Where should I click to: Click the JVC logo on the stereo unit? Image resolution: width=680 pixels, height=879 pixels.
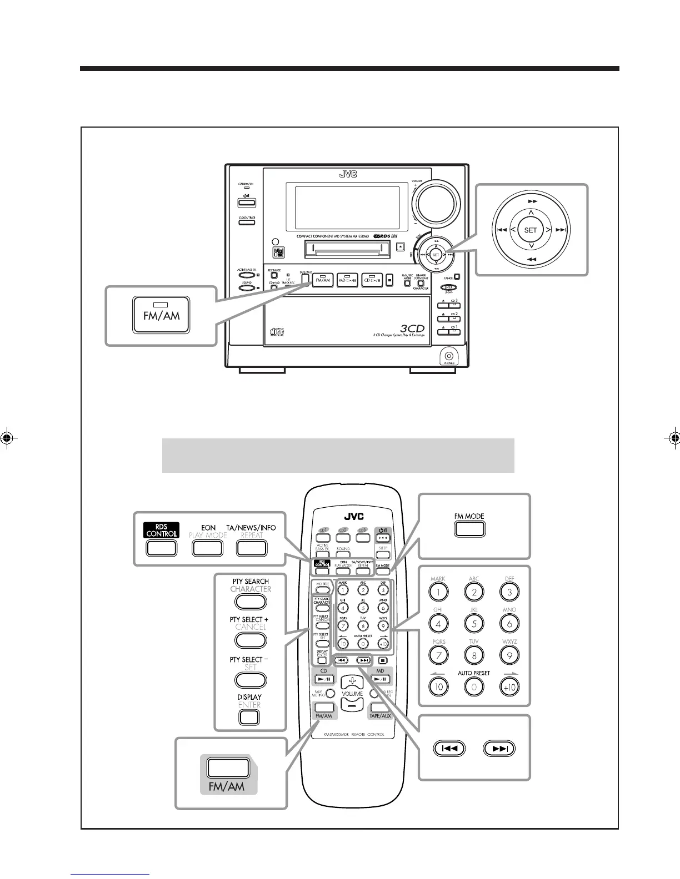(x=348, y=174)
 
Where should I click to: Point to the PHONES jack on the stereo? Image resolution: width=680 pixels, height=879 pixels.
(x=449, y=356)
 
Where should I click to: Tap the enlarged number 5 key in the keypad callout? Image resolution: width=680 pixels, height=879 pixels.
(x=474, y=624)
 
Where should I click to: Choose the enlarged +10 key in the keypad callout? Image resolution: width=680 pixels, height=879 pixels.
(x=509, y=687)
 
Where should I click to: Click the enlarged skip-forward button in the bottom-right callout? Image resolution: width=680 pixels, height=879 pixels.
(x=499, y=749)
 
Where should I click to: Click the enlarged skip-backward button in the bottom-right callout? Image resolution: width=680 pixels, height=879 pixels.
(x=449, y=749)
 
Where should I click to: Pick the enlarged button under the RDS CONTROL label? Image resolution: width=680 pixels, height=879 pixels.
(x=161, y=548)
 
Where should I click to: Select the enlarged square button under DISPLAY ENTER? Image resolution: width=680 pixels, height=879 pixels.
(x=249, y=718)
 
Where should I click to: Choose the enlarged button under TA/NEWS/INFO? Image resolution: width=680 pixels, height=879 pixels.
(x=251, y=548)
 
